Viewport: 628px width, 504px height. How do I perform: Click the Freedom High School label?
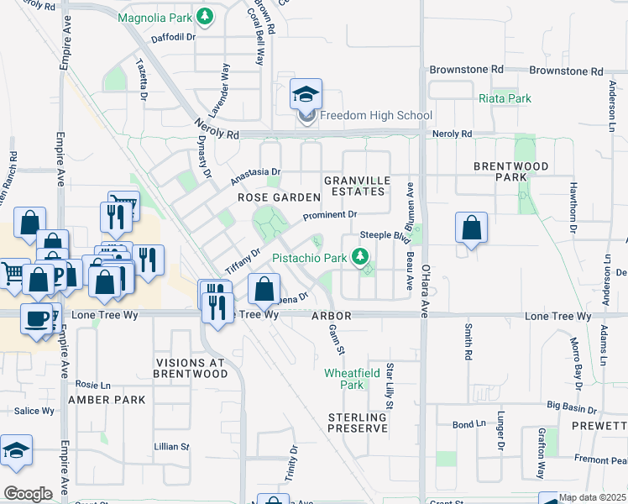[376, 116]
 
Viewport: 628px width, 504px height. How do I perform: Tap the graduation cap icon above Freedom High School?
[306, 94]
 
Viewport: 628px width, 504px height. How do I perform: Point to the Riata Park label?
[505, 98]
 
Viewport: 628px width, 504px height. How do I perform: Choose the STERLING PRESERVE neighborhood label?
[358, 423]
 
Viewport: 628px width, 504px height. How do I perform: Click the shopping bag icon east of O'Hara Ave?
[471, 228]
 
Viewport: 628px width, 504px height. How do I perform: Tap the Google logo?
[28, 493]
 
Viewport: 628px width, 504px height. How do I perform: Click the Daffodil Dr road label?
[173, 38]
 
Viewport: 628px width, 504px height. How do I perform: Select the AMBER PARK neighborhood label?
[101, 399]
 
